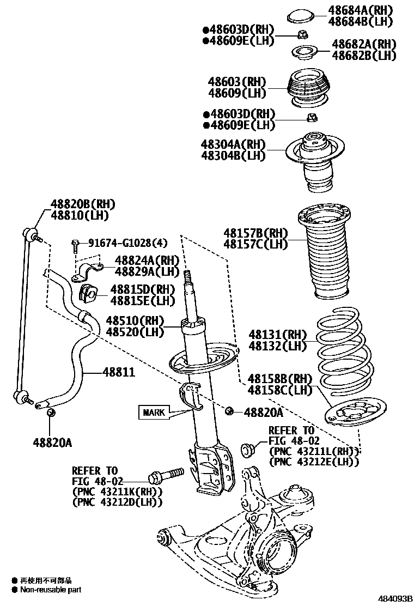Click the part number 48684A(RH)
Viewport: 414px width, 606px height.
pos(360,10)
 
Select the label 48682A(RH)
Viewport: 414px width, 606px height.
pos(364,44)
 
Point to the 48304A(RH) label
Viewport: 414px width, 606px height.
pos(233,144)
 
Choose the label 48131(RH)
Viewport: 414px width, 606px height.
pos(277,334)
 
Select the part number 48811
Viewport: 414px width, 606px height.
pos(119,372)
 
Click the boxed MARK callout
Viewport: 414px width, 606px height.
pos(154,413)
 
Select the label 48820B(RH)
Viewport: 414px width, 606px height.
pos(83,204)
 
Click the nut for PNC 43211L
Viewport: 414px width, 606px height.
pos(248,450)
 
